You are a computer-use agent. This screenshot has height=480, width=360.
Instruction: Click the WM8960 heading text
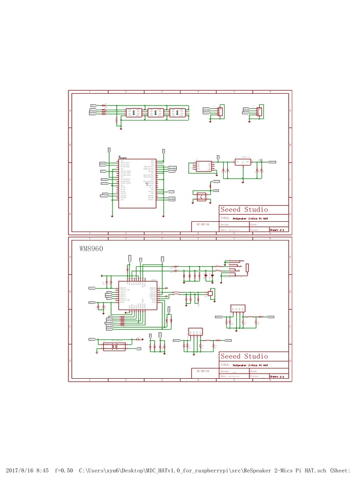click(x=90, y=248)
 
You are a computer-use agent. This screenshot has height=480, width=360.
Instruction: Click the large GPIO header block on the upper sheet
click(x=137, y=183)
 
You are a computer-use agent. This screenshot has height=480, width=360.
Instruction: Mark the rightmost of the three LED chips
click(x=177, y=112)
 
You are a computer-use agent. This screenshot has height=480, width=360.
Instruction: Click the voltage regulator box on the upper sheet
click(x=243, y=162)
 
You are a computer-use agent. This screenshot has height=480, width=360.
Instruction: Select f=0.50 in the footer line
click(x=64, y=470)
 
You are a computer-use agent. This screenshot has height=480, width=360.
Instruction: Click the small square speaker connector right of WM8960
click(x=210, y=293)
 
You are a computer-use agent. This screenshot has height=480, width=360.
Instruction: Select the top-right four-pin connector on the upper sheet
click(x=259, y=111)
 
